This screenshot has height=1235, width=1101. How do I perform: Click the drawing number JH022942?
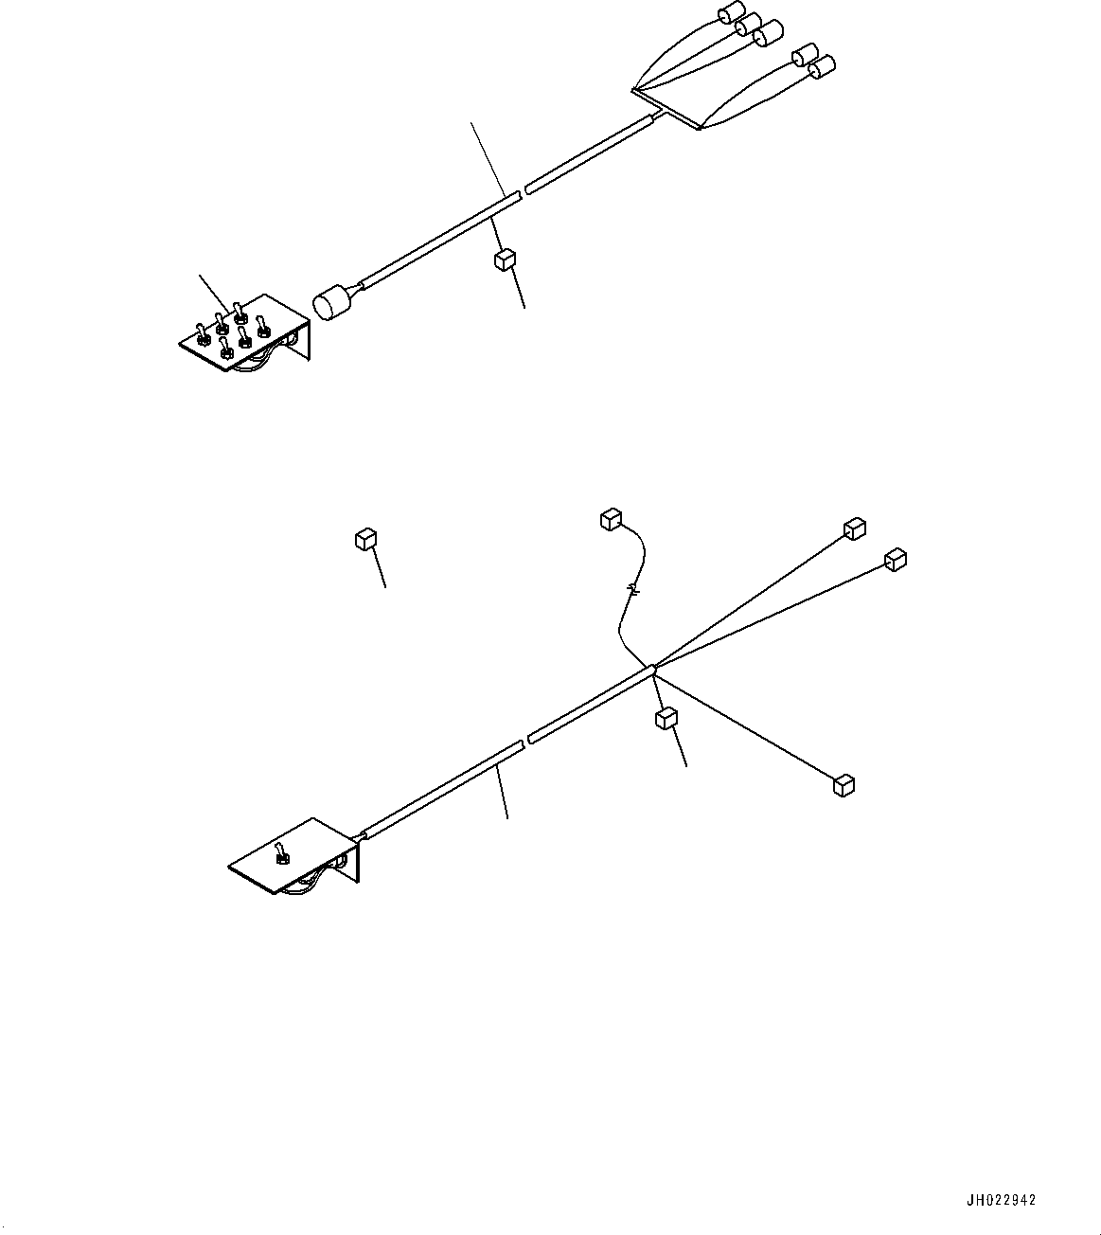pos(1001,1200)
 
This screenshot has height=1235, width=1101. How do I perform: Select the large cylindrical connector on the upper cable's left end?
pos(330,302)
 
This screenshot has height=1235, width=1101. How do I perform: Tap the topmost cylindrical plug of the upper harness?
pos(730,13)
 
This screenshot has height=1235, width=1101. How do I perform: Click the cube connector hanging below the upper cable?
pos(504,260)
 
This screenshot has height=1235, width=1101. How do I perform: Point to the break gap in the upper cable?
pos(523,191)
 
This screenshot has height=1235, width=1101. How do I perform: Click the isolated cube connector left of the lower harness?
pos(365,540)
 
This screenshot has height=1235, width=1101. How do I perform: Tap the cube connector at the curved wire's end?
pos(611,518)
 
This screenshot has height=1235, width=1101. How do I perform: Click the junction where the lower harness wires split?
pos(651,671)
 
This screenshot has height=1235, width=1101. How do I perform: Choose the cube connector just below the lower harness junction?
pos(666,719)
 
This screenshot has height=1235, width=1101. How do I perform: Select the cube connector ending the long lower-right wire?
pos(844,784)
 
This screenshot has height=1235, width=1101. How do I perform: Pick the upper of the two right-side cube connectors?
pos(855,528)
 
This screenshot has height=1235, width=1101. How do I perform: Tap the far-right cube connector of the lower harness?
pos(895,559)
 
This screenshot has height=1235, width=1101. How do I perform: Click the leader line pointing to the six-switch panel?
pos(212,291)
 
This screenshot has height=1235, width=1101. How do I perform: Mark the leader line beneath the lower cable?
pos(503,794)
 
